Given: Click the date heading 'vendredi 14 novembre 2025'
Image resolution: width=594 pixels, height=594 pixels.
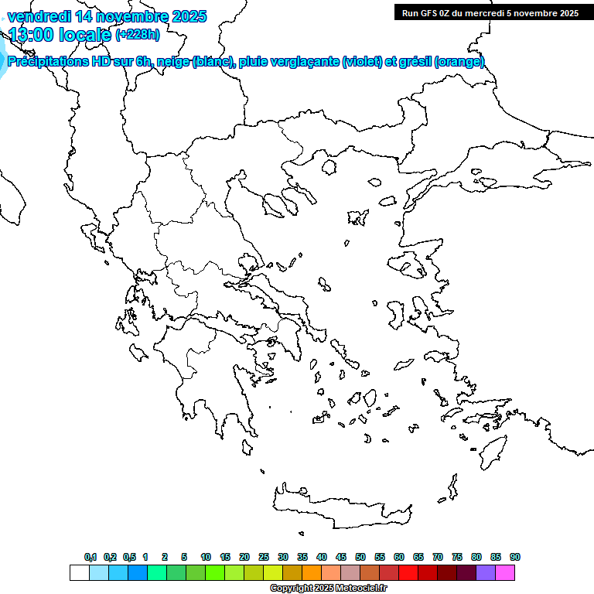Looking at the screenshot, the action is coord(107,16).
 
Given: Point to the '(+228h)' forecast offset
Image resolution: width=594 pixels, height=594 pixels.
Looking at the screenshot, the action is coord(138,35).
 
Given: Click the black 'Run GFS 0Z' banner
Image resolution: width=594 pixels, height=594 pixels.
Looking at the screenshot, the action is coord(490,12).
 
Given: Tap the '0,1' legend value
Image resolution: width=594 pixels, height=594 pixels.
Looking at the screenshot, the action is coord(90,557).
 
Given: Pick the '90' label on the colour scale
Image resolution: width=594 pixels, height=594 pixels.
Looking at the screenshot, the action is coord(515,557).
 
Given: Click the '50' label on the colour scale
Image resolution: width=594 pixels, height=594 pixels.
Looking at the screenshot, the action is coord(360,557).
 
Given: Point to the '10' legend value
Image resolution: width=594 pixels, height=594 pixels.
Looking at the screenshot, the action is coord(206,557).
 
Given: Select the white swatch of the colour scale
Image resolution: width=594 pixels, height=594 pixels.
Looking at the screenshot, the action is coord(79,572).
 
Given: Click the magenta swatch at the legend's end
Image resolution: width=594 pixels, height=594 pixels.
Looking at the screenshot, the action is coord(506,572).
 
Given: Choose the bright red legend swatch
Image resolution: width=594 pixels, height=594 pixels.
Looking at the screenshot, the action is coord(408,572).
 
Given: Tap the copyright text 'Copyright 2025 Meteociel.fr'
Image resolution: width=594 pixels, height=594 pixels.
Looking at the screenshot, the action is coord(328,588).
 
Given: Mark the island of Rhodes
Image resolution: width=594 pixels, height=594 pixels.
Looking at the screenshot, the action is coord(492,452).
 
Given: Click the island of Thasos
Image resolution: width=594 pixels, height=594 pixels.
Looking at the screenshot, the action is coord(329,167).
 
